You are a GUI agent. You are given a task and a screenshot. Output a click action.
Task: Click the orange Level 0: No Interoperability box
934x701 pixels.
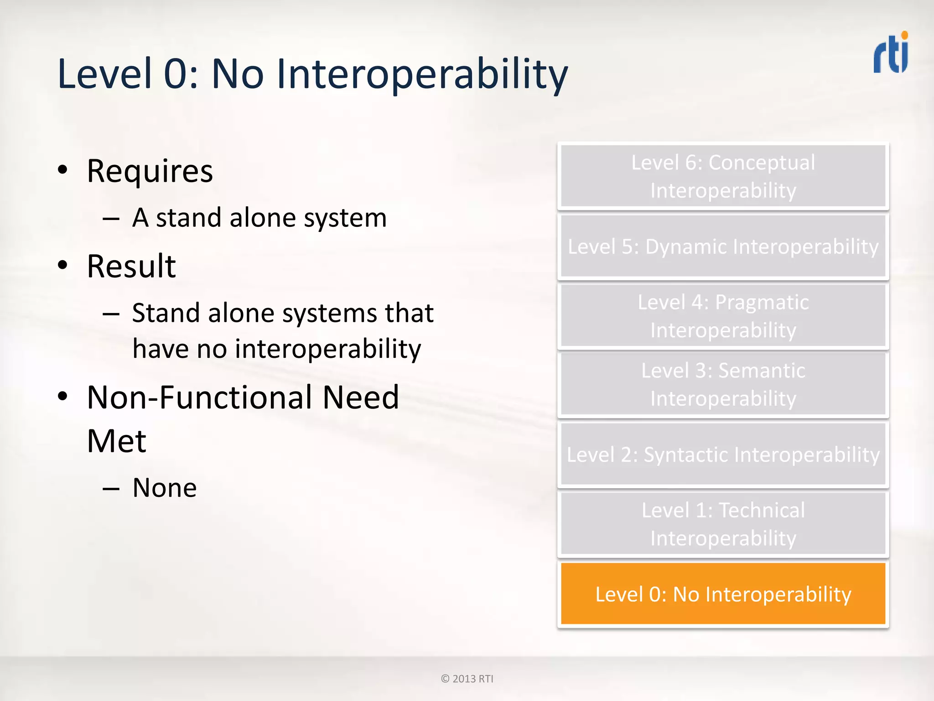723,594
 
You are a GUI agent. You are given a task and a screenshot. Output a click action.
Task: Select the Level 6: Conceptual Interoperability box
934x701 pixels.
723,176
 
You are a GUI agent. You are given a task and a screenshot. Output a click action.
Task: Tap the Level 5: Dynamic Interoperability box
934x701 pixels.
723,246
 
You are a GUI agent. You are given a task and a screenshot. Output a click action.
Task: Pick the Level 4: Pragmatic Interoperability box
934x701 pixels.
723,316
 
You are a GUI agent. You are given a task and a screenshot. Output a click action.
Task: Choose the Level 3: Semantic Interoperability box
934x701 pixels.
723,384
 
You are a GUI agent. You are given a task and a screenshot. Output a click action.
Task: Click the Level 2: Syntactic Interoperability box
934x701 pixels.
723,455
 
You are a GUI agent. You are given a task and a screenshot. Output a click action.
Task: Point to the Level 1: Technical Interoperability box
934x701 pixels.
723,524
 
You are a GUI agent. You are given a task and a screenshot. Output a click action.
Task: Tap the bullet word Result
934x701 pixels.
131,266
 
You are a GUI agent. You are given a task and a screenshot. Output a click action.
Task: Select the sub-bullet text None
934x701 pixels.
165,488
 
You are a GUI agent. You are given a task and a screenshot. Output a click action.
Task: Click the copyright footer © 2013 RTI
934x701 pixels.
467,679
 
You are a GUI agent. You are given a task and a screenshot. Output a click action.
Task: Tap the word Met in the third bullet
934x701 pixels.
116,441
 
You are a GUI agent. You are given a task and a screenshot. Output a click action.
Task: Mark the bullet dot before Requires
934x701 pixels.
63,170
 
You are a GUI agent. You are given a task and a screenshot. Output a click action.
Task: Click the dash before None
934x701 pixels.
111,489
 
